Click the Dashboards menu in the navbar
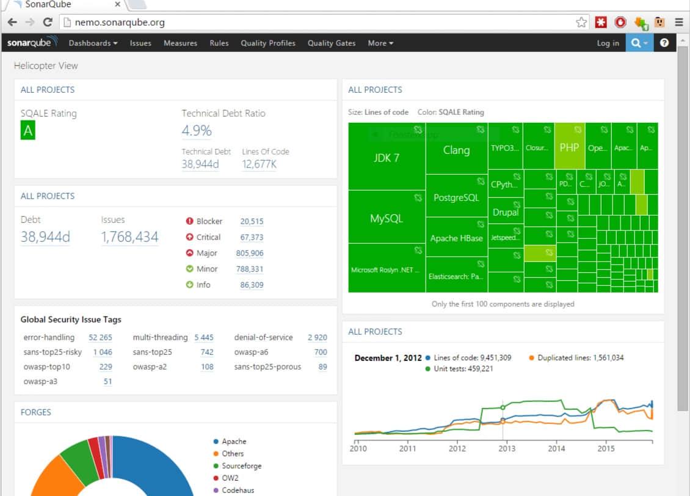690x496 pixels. [93, 43]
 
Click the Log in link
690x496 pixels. [608, 43]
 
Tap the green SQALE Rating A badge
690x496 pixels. [27, 131]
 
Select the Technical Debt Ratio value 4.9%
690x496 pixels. [197, 131]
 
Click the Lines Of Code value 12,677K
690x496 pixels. [260, 164]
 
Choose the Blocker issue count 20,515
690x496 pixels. [252, 222]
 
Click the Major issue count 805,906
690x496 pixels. [250, 253]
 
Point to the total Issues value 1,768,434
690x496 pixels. [129, 237]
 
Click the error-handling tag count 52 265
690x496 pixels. [100, 338]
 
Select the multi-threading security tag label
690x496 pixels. [160, 338]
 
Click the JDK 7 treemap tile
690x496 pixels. [387, 158]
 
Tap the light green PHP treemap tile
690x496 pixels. [569, 147]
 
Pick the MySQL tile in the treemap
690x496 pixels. [387, 219]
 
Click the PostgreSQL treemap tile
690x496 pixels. [456, 198]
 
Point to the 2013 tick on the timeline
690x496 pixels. [506, 448]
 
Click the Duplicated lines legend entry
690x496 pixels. [580, 358]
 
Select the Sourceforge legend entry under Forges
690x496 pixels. [241, 466]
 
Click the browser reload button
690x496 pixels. [48, 23]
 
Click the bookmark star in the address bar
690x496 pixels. [581, 23]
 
